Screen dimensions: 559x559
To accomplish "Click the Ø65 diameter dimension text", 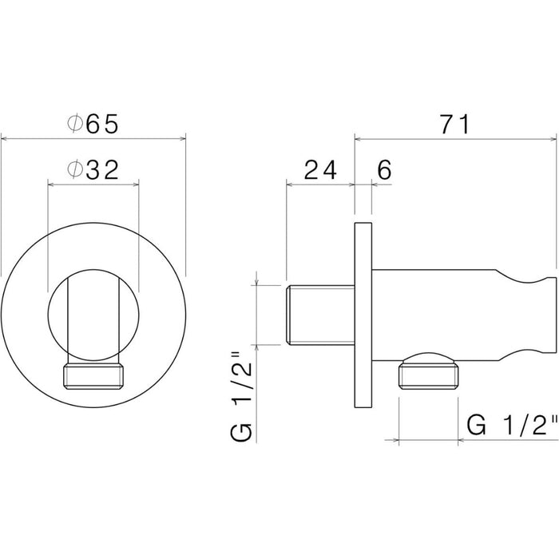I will pyautogui.click(x=93, y=124).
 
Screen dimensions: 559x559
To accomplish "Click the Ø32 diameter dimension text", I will pyautogui.click(x=93, y=169).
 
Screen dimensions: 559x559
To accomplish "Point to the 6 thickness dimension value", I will pyautogui.click(x=383, y=169).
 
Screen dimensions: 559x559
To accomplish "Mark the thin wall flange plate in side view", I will pyautogui.click(x=363, y=315).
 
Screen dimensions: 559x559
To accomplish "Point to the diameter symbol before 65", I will pyautogui.click(x=74, y=124).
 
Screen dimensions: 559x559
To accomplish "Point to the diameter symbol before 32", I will pyautogui.click(x=74, y=169).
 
